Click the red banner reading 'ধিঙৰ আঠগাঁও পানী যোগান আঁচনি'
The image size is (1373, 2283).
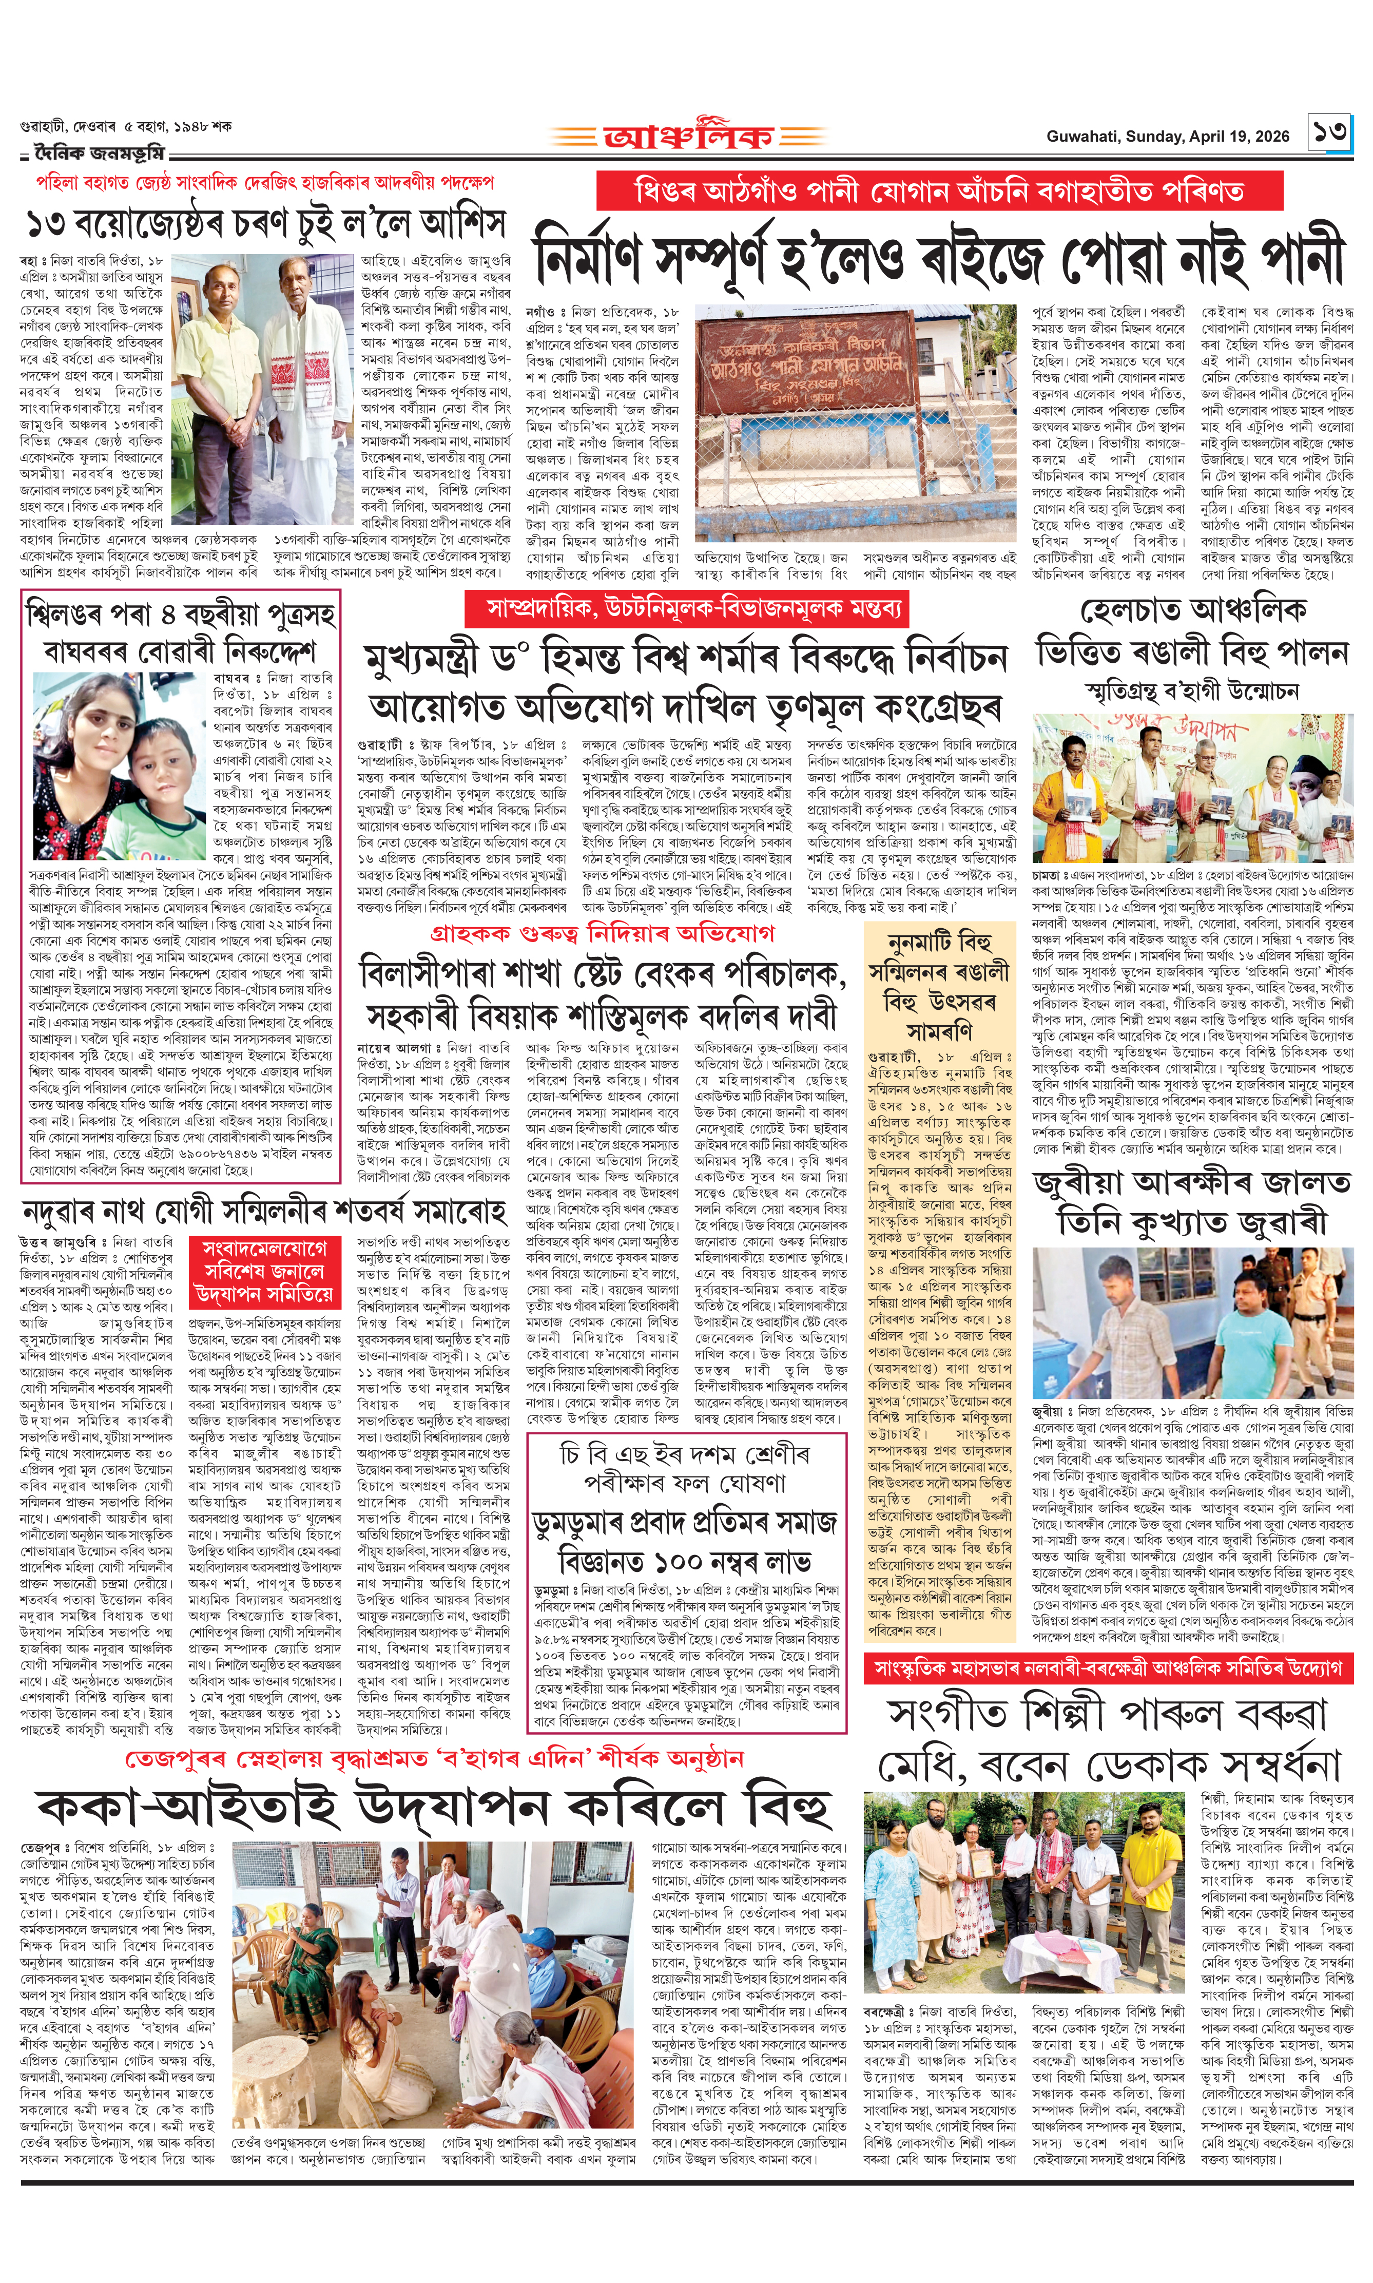tap(939, 191)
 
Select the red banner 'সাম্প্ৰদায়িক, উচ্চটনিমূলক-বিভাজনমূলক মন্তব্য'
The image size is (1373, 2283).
tap(685, 608)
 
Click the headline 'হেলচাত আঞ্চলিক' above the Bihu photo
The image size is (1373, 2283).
tap(1193, 611)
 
